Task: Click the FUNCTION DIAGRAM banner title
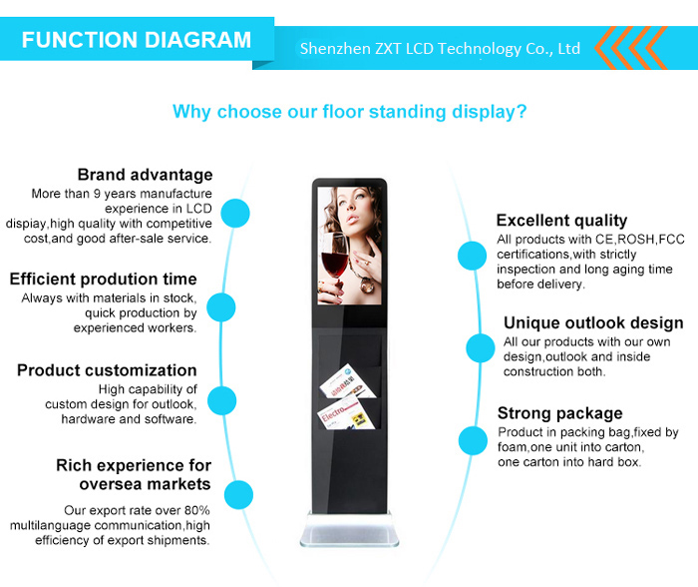point(137,40)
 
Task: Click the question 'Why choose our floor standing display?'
point(349,112)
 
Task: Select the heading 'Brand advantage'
point(146,175)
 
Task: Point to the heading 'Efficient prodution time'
point(104,279)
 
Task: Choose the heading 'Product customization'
point(107,370)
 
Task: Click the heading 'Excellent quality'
point(561,221)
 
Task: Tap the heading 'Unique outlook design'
point(593,322)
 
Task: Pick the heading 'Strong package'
point(560,413)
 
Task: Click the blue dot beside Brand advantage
point(235,213)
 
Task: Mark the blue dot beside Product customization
point(221,400)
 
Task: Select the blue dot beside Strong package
point(474,440)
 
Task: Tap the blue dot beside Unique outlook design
point(481,347)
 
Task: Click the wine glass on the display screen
point(333,263)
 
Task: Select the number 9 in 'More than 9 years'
point(97,194)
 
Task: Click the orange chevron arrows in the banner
point(631,48)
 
